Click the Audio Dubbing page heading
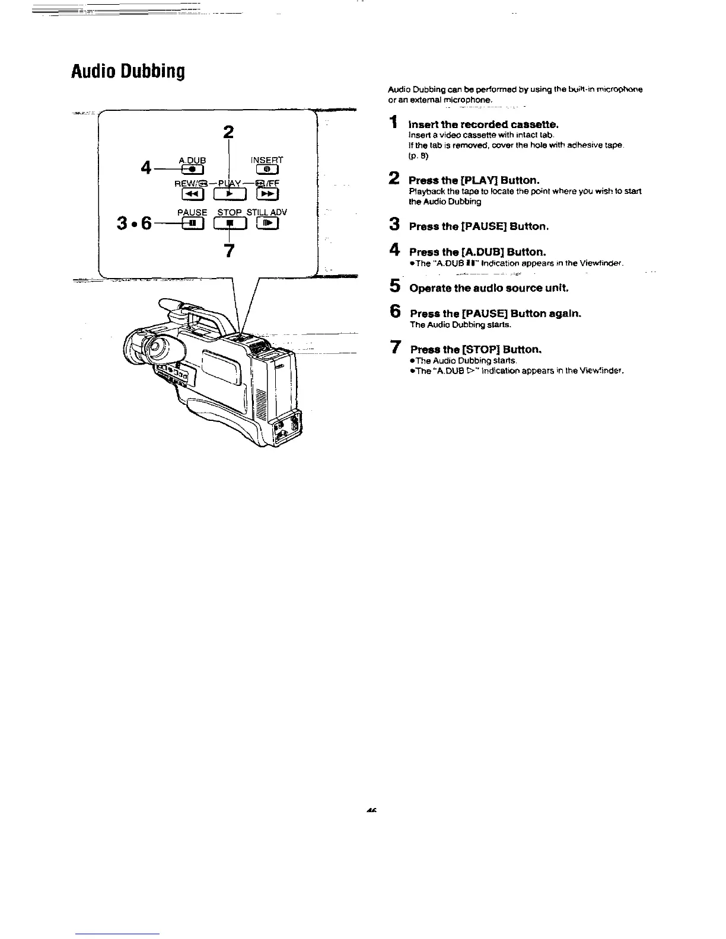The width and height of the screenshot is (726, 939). [x=128, y=72]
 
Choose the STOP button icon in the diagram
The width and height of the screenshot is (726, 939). [x=230, y=223]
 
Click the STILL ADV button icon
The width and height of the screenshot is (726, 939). [x=268, y=223]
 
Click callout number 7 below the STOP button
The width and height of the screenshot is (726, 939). [x=230, y=250]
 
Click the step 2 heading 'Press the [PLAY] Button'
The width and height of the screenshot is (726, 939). [x=474, y=180]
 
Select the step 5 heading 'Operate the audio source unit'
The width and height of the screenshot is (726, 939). [x=489, y=288]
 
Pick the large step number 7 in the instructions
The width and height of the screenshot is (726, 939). [x=394, y=348]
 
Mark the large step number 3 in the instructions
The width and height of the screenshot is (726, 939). [x=393, y=225]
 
